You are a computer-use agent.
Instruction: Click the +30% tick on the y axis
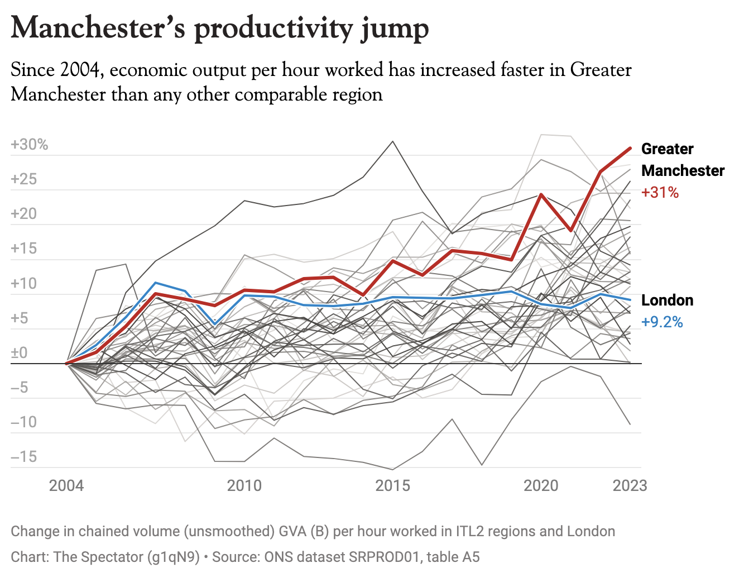point(30,145)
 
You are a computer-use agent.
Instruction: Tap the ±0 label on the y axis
point(19,353)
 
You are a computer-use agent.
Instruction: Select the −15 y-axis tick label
point(23,457)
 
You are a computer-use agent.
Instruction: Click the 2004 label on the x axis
point(66,485)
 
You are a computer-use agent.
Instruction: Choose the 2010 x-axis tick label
point(244,485)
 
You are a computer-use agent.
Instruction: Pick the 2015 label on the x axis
point(393,485)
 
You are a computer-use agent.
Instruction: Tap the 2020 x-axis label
point(541,485)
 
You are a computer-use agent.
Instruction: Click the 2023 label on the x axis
point(630,485)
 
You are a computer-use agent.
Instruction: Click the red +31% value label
point(660,193)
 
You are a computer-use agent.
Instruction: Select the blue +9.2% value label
point(662,322)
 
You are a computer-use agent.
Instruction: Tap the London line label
point(668,300)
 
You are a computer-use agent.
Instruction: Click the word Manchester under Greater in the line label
point(683,171)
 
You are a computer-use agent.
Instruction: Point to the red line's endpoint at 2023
point(630,148)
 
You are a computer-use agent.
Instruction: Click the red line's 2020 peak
point(541,194)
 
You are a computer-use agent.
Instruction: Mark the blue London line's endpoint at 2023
point(630,300)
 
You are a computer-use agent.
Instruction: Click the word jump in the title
point(395,29)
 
